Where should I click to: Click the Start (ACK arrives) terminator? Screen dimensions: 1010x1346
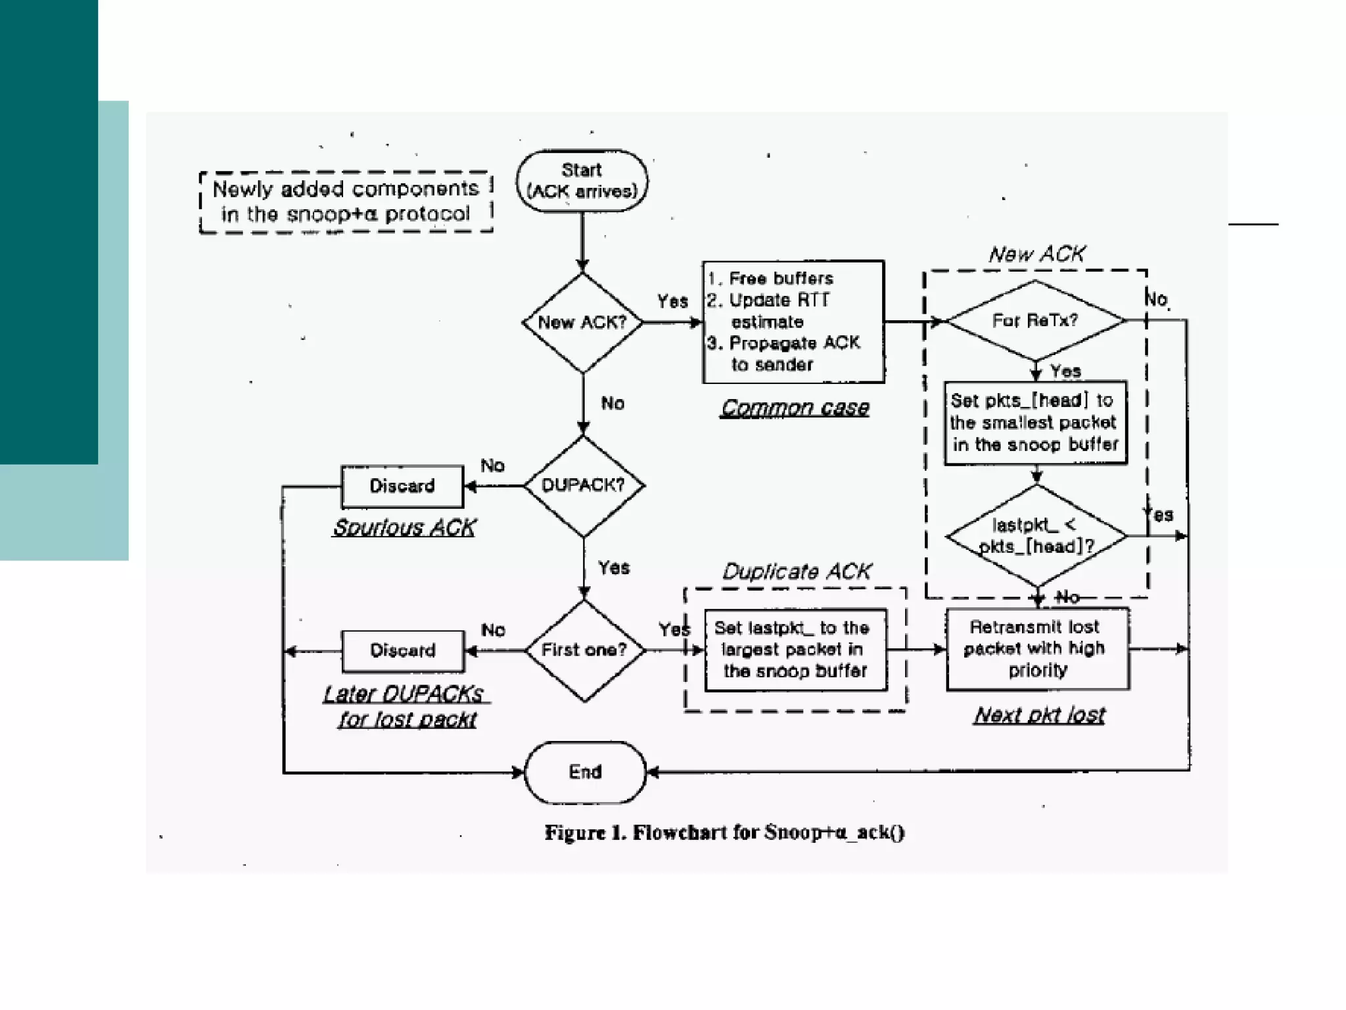[582, 181]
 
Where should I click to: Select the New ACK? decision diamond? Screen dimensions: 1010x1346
[582, 322]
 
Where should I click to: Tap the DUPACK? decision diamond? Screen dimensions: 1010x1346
[583, 485]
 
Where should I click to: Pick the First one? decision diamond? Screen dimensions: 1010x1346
[584, 650]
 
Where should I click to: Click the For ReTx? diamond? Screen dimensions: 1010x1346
[1035, 320]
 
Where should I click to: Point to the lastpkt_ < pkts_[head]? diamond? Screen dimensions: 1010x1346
[1036, 536]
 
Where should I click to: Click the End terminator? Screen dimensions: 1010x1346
[585, 772]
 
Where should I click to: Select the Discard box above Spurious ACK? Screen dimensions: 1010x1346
[402, 486]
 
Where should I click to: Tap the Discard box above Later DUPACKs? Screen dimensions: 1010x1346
[403, 650]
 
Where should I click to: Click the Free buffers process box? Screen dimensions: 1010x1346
[793, 322]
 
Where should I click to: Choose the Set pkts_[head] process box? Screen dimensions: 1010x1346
[1035, 422]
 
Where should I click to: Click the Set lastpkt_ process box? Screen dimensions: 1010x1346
[795, 650]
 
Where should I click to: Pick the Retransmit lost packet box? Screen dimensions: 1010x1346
[1038, 648]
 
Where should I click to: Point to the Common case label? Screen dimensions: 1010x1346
[795, 408]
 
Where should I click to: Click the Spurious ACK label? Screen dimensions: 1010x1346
[404, 527]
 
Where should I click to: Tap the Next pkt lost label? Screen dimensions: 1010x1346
[1040, 715]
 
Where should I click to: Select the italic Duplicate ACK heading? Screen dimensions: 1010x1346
[797, 571]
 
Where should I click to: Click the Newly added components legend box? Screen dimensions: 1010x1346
[346, 201]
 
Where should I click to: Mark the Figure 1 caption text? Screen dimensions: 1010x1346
[724, 832]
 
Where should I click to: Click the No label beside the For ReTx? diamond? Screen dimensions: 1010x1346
[1157, 299]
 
